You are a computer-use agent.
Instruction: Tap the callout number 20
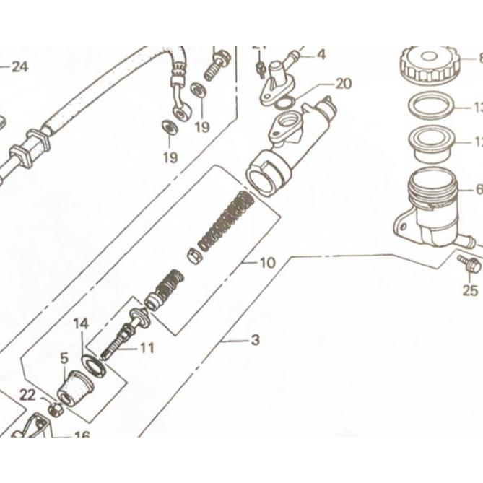(343, 84)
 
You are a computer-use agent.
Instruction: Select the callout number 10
(266, 264)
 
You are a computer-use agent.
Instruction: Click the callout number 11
(147, 348)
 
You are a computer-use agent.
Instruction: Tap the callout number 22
(27, 393)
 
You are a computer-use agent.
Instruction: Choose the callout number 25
(470, 290)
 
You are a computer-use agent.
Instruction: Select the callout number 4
(321, 53)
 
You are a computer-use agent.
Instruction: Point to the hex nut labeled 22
(54, 409)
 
